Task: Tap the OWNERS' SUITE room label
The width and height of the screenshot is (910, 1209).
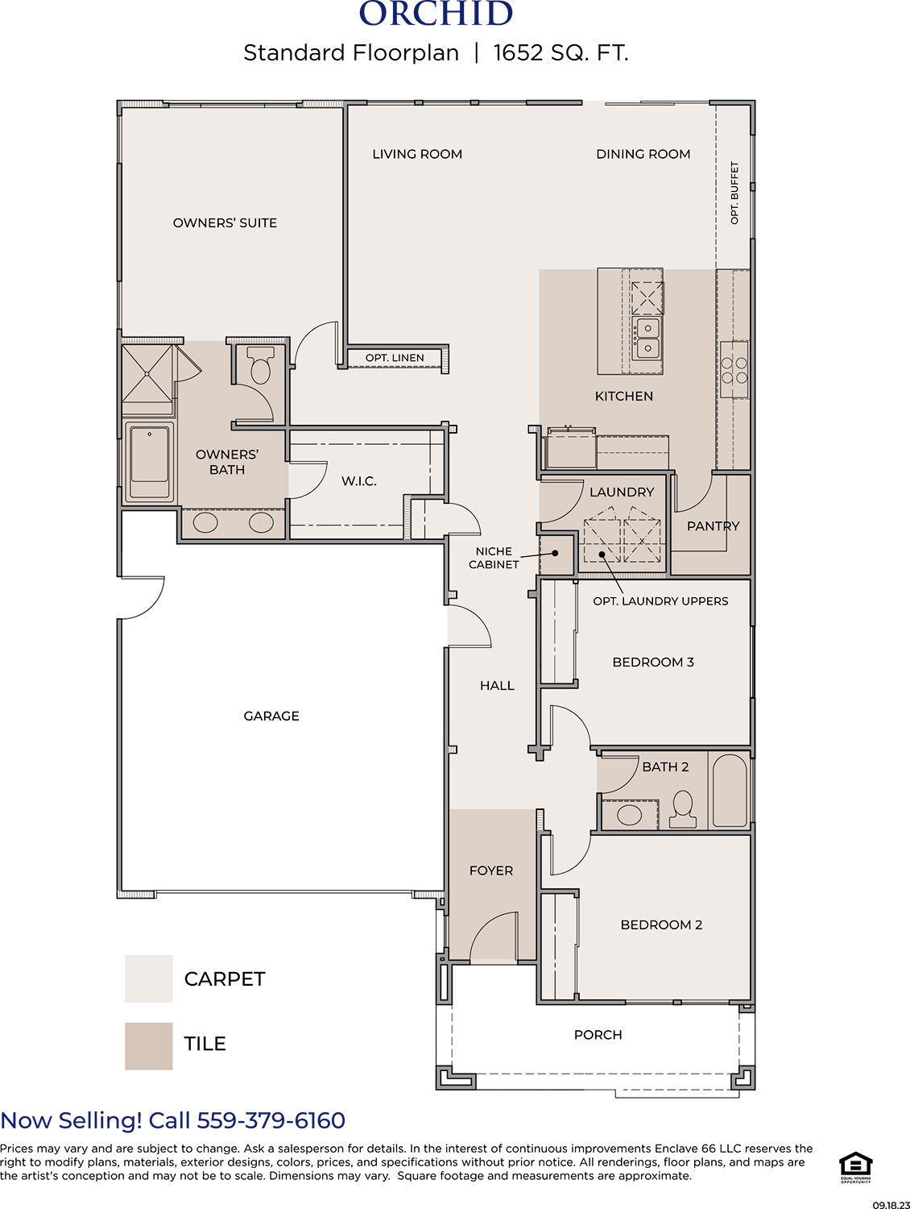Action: pyautogui.click(x=225, y=223)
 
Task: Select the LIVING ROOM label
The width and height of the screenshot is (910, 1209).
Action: pyautogui.click(x=417, y=154)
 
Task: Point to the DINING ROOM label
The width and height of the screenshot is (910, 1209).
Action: pyautogui.click(x=643, y=154)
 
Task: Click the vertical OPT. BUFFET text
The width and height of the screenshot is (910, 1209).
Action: pyautogui.click(x=734, y=193)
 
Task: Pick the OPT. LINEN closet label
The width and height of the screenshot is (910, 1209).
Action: pyautogui.click(x=395, y=358)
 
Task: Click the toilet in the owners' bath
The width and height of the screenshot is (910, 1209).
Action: pyautogui.click(x=260, y=364)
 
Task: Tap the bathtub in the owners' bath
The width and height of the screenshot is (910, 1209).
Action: pyautogui.click(x=149, y=462)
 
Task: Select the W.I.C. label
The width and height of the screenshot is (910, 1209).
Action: pyautogui.click(x=358, y=481)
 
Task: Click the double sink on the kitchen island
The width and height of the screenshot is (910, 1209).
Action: pyautogui.click(x=647, y=339)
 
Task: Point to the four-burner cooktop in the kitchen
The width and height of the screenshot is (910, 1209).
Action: pyautogui.click(x=734, y=370)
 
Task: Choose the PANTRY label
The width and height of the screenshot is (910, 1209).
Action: pyautogui.click(x=713, y=526)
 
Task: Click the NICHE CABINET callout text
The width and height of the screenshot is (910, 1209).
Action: pyautogui.click(x=494, y=558)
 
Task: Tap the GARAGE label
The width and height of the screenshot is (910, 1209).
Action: pyautogui.click(x=271, y=716)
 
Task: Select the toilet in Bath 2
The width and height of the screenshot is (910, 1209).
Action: pyautogui.click(x=683, y=809)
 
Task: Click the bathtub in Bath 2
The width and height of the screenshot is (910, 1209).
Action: pyautogui.click(x=730, y=791)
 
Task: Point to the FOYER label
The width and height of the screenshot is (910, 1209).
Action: pyautogui.click(x=490, y=870)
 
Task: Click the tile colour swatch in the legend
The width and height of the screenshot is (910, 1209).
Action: pyautogui.click(x=148, y=1046)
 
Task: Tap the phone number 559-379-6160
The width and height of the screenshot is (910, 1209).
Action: pyautogui.click(x=271, y=1120)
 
